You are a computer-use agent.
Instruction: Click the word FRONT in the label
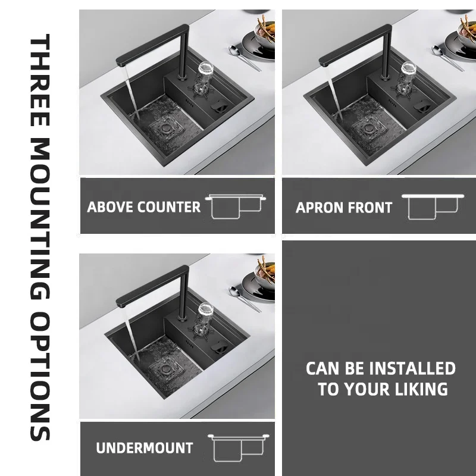click(x=369, y=208)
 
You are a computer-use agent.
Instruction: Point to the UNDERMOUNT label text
click(x=145, y=448)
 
